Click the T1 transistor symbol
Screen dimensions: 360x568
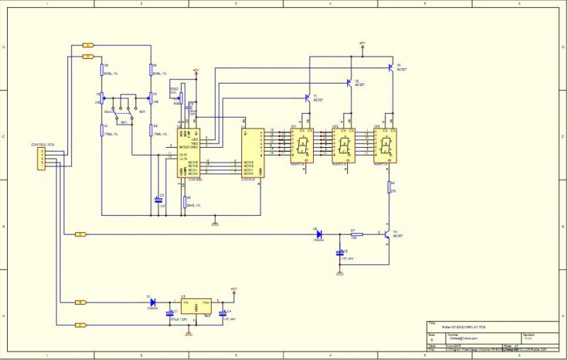tap(308, 97)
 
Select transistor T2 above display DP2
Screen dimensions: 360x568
tap(349, 82)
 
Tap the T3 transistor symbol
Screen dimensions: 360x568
tap(390, 67)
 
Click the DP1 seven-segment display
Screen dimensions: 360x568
tap(303, 146)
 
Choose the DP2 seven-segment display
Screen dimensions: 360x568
tap(344, 146)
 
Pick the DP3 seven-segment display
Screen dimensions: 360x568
tap(386, 146)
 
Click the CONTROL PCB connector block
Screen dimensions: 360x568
tap(42, 158)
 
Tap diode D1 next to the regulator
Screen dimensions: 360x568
tap(152, 302)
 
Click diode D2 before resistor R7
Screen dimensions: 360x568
tap(318, 234)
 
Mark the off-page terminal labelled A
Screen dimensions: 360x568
tap(88, 45)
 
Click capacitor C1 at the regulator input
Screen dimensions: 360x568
tap(170, 312)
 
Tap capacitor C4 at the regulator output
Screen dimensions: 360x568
tap(222, 312)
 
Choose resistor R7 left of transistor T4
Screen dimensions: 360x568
tap(356, 234)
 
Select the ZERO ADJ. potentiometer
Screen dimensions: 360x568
tap(180, 98)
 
